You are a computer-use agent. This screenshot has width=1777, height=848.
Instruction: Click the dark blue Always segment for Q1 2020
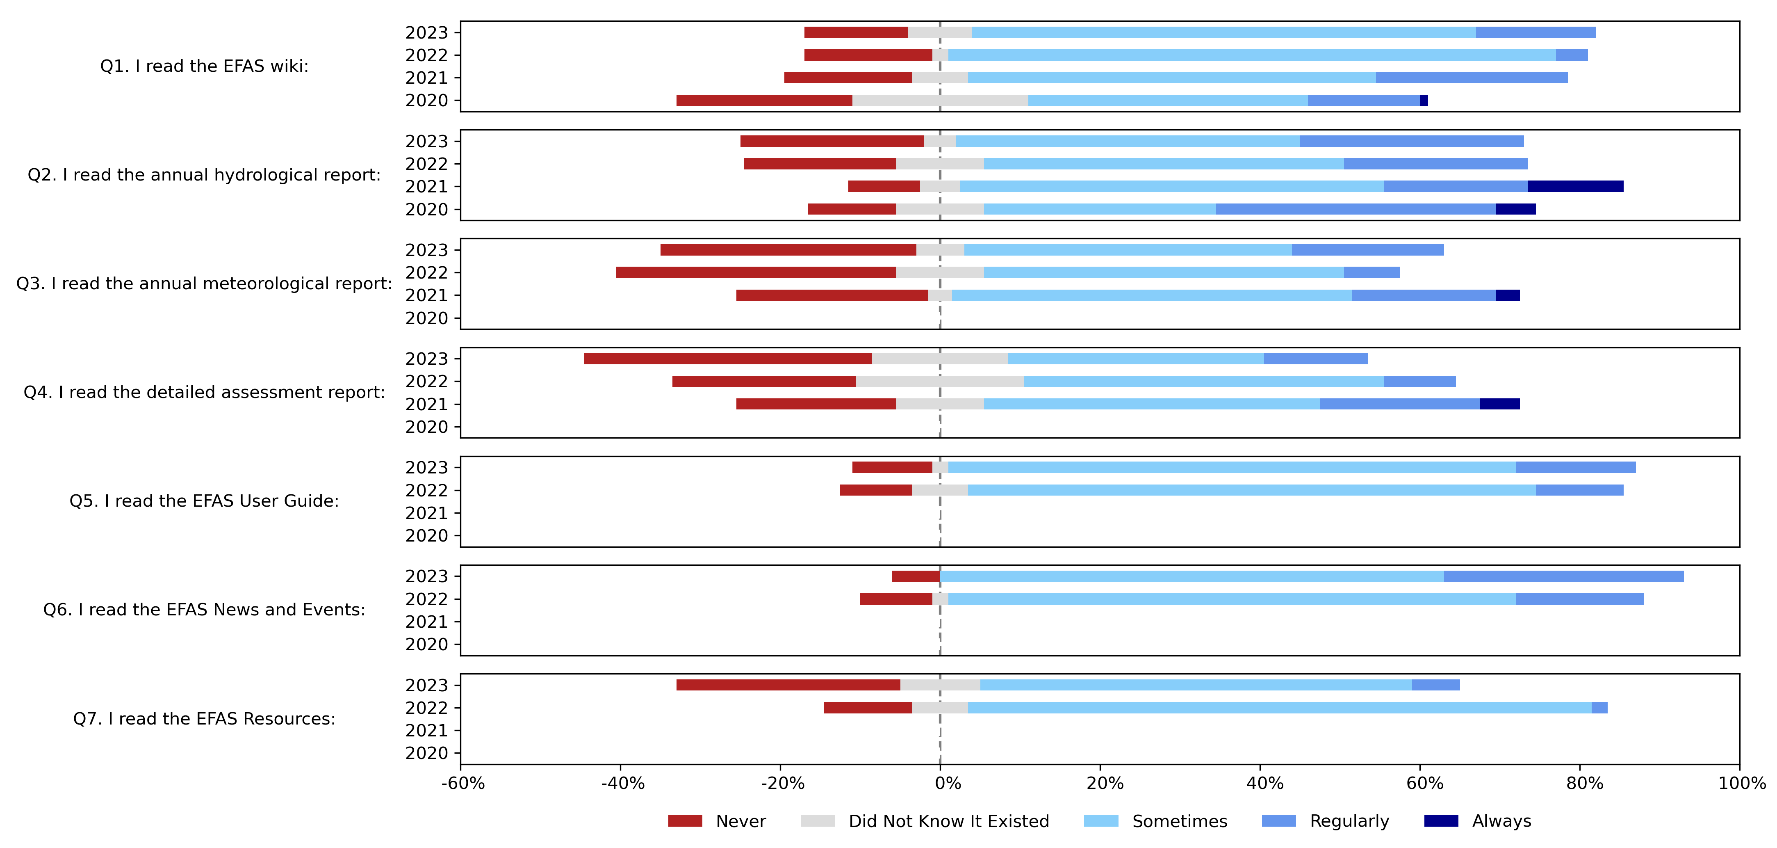point(1424,100)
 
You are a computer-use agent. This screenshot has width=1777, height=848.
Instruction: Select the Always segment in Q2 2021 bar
point(1576,186)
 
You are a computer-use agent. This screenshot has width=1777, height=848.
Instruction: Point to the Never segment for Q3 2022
point(756,272)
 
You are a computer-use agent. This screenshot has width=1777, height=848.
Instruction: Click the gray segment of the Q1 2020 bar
point(940,100)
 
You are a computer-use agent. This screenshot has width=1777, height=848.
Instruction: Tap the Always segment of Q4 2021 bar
point(1500,405)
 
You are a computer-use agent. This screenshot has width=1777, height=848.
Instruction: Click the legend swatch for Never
point(685,821)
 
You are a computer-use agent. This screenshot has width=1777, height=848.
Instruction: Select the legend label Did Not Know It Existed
point(948,821)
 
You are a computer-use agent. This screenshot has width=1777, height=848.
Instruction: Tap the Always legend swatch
point(1441,821)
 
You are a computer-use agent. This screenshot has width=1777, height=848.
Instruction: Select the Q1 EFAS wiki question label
point(204,66)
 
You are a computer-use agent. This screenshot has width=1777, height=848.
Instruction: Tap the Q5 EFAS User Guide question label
point(204,501)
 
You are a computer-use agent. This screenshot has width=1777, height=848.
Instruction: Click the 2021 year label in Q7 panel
point(426,731)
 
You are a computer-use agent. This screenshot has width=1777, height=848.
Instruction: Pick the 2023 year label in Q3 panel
point(426,250)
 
